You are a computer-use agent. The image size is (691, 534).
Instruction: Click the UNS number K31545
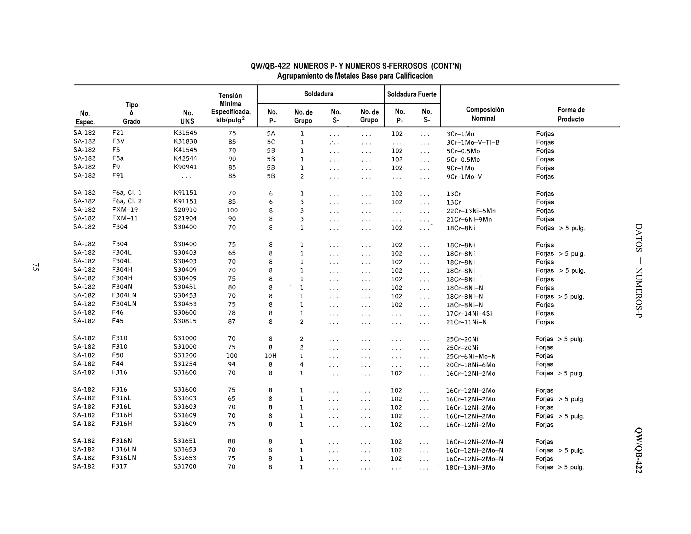click(185, 133)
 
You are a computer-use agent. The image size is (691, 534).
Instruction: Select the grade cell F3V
click(118, 141)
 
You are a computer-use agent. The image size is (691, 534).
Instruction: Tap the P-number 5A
click(271, 134)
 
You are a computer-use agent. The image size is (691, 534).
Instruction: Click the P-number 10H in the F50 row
click(270, 356)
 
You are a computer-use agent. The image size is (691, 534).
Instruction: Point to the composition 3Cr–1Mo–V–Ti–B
click(473, 142)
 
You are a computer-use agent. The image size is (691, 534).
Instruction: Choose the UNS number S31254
click(185, 364)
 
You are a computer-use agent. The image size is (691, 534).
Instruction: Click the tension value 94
click(231, 364)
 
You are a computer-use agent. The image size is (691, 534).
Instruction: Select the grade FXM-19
click(125, 210)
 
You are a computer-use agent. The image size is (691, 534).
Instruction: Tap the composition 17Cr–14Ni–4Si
click(469, 314)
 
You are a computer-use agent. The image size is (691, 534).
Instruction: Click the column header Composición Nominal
click(485, 114)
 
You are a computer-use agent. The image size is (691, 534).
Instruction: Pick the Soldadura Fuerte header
click(412, 95)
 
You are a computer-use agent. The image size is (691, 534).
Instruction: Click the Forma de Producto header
click(571, 114)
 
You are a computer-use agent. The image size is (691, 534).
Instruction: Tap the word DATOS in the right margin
click(638, 238)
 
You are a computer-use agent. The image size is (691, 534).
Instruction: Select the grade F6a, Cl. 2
click(127, 201)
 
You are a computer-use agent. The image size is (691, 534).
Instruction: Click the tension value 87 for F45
click(231, 322)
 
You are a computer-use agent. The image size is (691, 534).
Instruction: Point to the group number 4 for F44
click(302, 365)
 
